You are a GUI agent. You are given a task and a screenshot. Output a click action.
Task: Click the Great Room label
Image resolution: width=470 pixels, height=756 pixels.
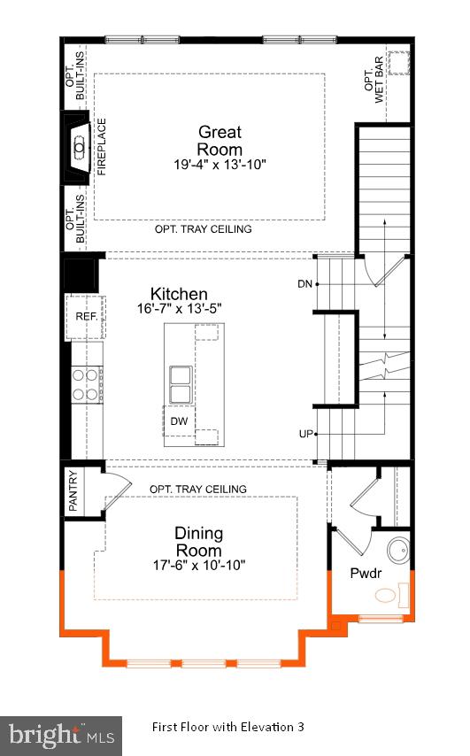coord(220,141)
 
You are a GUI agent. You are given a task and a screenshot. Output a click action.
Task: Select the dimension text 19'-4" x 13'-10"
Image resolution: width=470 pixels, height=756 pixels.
coord(220,165)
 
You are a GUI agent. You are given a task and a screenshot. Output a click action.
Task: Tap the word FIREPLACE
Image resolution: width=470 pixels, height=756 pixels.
coord(101,146)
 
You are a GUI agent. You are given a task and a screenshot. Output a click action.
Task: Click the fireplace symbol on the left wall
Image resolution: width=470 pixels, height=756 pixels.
coord(78,146)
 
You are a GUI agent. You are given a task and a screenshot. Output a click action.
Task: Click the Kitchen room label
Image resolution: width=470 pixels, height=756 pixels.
coord(179,294)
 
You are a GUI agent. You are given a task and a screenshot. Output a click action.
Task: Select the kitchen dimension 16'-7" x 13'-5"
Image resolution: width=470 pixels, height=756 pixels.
coord(179,308)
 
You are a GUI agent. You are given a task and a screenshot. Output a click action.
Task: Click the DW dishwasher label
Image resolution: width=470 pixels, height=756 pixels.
coord(178,421)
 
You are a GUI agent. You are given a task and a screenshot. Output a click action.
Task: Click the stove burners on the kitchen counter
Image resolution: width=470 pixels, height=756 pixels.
coord(85,384)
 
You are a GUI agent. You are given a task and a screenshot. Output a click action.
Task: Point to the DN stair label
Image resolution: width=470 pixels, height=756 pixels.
coord(304,284)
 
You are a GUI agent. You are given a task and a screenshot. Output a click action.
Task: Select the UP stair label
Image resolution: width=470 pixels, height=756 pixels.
coord(305,434)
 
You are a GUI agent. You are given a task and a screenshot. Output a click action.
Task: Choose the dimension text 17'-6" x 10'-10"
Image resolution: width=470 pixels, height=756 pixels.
coord(198,565)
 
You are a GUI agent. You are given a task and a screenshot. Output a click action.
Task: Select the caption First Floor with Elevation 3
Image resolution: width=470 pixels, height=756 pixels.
coord(227,727)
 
